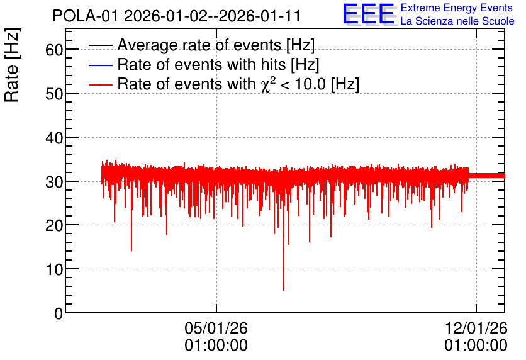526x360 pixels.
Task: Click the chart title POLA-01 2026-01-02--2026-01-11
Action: [176, 16]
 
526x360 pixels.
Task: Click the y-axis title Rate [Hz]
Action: [12, 65]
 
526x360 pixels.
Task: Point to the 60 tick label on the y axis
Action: [54, 50]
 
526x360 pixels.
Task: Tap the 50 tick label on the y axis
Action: [54, 94]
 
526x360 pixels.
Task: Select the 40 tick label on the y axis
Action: [54, 138]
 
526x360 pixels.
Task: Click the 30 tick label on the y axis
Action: [54, 182]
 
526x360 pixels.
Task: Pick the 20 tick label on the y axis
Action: [54, 226]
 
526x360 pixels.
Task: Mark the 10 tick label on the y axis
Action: [54, 270]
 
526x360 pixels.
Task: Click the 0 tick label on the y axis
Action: [59, 313]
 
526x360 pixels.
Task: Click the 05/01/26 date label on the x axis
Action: [216, 328]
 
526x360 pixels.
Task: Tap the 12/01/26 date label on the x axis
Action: [476, 328]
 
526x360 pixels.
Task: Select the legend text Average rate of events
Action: [199, 45]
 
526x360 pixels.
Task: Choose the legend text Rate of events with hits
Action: [201, 64]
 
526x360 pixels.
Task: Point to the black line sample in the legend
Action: [100, 45]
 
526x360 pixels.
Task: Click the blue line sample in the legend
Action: [100, 65]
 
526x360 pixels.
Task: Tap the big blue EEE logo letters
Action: [368, 14]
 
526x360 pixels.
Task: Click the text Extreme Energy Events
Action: [457, 8]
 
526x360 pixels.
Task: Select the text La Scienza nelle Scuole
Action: [457, 21]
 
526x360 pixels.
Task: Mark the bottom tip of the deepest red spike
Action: [284, 291]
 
